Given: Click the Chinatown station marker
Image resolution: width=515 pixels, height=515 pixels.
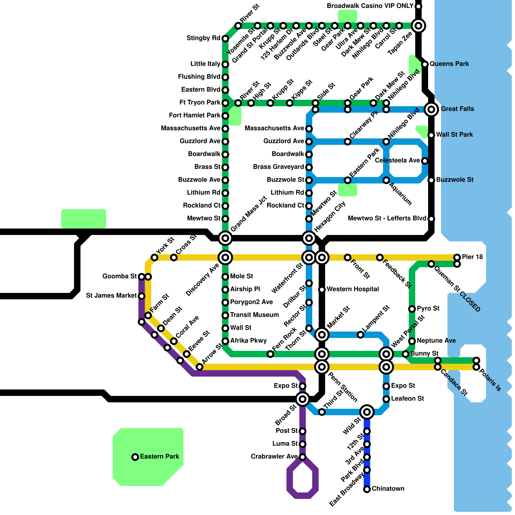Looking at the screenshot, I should pyautogui.click(x=367, y=489).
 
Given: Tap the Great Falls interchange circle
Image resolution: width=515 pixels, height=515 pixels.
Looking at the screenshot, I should pyautogui.click(x=431, y=109).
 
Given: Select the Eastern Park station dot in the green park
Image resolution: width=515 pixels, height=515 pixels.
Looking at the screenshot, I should pyautogui.click(x=135, y=457).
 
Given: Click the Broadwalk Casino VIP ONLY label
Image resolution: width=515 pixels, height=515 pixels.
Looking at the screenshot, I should pyautogui.click(x=370, y=6).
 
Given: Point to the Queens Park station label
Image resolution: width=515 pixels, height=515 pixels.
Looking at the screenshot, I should pyautogui.click(x=449, y=64).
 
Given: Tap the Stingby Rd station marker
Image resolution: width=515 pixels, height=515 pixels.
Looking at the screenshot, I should pyautogui.click(x=225, y=39).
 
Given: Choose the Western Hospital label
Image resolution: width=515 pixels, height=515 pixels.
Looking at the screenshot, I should pyautogui.click(x=352, y=289).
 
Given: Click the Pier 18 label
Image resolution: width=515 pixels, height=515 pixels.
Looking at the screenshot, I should pyautogui.click(x=472, y=257).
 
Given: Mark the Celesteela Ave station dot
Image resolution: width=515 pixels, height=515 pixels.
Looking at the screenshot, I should pyautogui.click(x=425, y=161).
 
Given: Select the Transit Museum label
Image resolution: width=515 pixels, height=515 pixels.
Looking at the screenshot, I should pyautogui.click(x=254, y=315).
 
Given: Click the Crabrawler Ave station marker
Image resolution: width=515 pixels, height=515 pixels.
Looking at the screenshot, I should pyautogui.click(x=303, y=457).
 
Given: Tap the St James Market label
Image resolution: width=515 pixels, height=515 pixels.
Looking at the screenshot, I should pyautogui.click(x=111, y=296).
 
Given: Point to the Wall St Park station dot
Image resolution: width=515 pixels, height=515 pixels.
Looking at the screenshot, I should pyautogui.click(x=431, y=135).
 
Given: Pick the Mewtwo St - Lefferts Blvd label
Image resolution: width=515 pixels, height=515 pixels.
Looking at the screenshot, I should pyautogui.click(x=387, y=219).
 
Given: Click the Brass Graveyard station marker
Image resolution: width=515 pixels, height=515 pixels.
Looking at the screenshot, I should pyautogui.click(x=309, y=167).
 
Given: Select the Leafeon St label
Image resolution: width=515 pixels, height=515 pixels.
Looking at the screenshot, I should pyautogui.click(x=407, y=399).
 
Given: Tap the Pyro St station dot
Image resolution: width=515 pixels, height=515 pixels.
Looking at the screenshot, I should pyautogui.click(x=412, y=309).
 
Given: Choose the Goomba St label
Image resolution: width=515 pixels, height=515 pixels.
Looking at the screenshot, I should pyautogui.click(x=119, y=276).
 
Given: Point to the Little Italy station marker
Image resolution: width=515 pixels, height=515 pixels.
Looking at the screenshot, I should pyautogui.click(x=225, y=64).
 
